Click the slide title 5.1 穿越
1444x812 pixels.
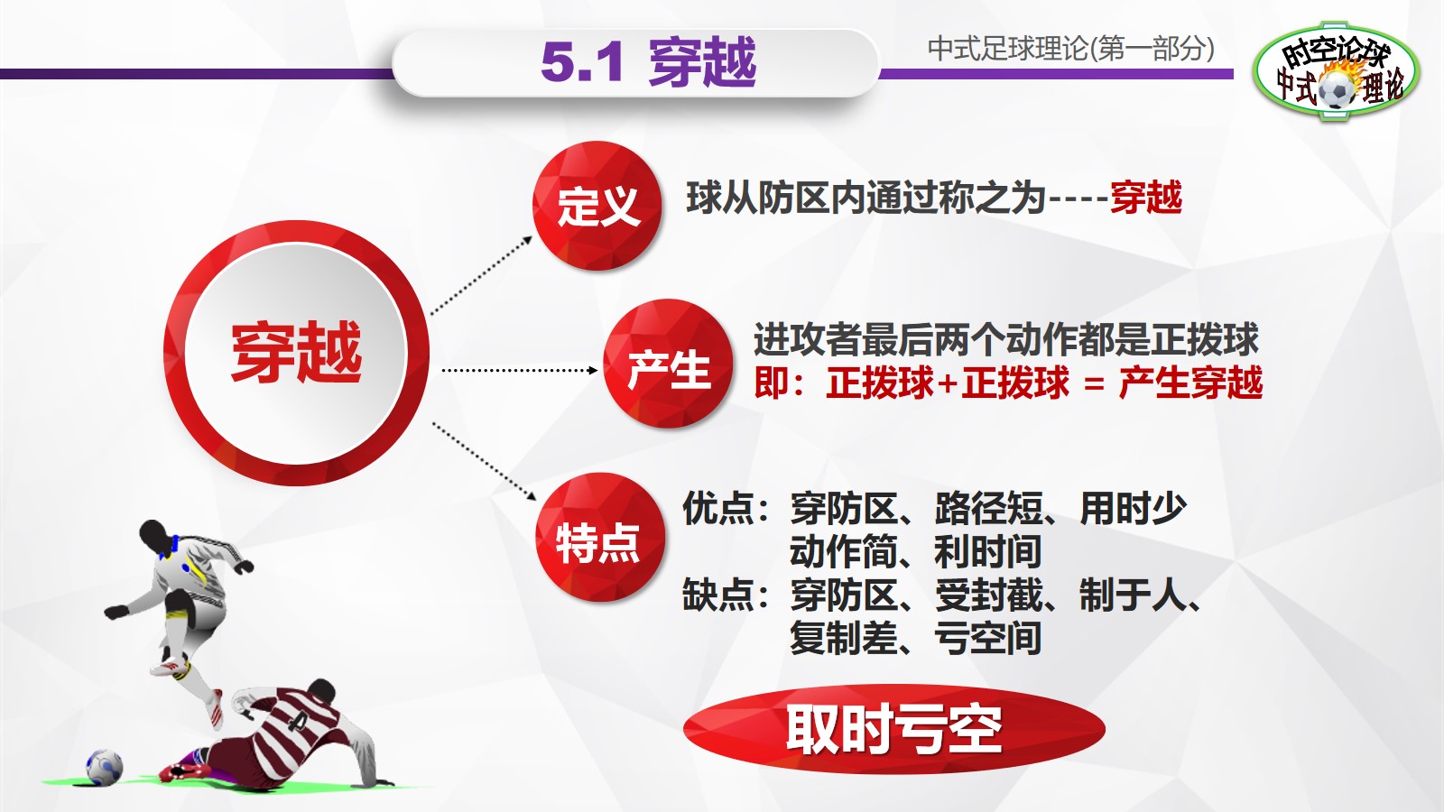pos(648,62)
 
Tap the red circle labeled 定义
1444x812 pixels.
pos(597,206)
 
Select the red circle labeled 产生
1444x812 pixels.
pos(668,365)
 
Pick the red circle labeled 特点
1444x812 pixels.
pos(598,540)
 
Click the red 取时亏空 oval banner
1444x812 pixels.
pos(893,729)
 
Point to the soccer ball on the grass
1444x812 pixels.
pos(104,767)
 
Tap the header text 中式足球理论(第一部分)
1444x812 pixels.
pos(1070,49)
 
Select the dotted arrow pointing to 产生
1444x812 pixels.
pos(519,370)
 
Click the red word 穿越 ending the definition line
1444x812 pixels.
pos(1145,198)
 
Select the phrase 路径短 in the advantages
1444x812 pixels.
pos(988,509)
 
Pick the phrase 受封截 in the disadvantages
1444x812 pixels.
pos(988,595)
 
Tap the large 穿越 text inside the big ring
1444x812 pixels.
pos(296,352)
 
